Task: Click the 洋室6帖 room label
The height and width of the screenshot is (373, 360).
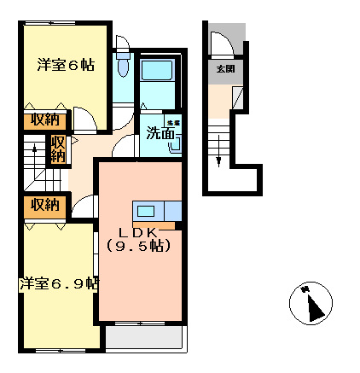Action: point(65,64)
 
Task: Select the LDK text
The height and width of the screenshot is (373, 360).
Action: point(140,231)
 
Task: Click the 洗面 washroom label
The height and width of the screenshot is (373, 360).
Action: point(160,133)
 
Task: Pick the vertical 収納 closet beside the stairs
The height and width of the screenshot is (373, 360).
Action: point(58,149)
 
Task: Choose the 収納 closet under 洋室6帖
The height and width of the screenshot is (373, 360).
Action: point(41,119)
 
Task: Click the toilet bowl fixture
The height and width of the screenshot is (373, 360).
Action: point(123,67)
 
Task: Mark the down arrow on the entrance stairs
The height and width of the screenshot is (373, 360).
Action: point(218,154)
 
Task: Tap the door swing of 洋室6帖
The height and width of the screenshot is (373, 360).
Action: point(85,119)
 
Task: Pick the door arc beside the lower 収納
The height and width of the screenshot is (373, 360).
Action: point(84,206)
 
